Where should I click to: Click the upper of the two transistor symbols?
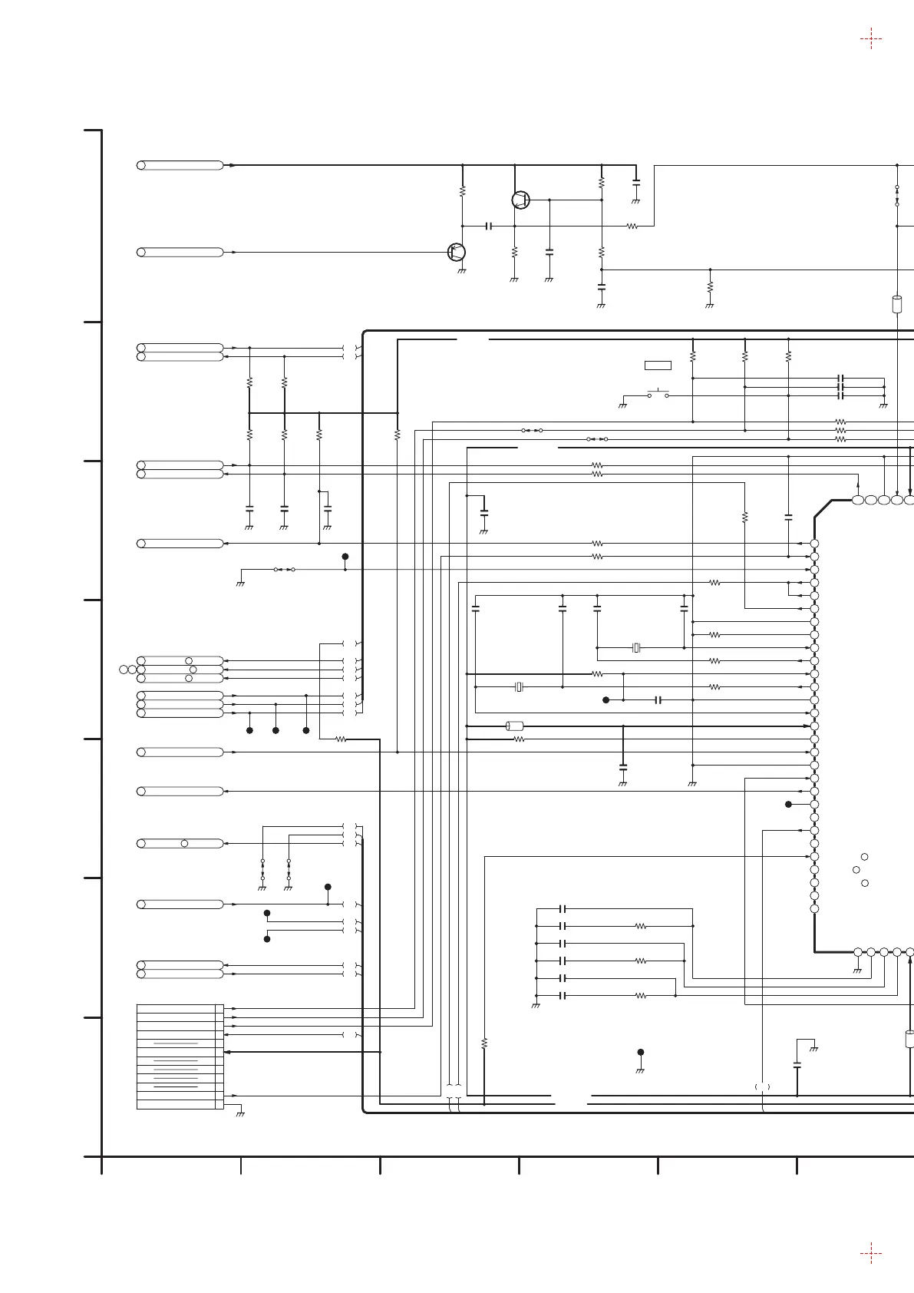pyautogui.click(x=521, y=200)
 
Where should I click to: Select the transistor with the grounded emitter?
pyautogui.click(x=457, y=252)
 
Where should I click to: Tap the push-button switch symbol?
pyautogui.click(x=658, y=395)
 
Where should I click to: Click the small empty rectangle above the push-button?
pyautogui.click(x=658, y=365)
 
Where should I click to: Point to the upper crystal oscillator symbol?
pyautogui.click(x=635, y=648)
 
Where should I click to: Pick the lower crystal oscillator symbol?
pyautogui.click(x=519, y=687)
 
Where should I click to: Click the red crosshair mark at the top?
pyautogui.click(x=870, y=38)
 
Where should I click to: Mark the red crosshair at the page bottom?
pyautogui.click(x=870, y=1253)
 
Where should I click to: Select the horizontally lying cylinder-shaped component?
pyautogui.click(x=515, y=726)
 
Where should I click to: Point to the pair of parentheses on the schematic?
pyautogui.click(x=762, y=1086)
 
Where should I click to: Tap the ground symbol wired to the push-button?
pyautogui.click(x=622, y=404)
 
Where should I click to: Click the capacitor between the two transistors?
pyautogui.click(x=489, y=227)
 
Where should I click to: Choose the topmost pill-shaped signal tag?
pyautogui.click(x=180, y=165)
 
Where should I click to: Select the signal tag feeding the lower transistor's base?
pyautogui.click(x=180, y=252)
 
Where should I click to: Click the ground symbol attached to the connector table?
pyautogui.click(x=240, y=1113)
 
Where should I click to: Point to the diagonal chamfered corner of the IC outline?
pyautogui.click(x=823, y=509)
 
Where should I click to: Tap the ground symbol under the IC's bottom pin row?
pyautogui.click(x=858, y=970)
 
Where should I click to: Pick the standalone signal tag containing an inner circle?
pyautogui.click(x=180, y=843)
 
